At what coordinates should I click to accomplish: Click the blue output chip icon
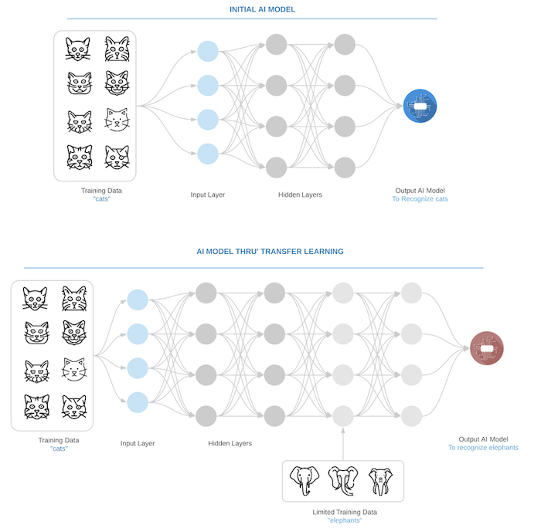420,106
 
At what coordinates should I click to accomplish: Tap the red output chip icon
487,348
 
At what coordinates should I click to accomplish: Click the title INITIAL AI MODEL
262,9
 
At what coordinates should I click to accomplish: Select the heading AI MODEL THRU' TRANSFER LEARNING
270,251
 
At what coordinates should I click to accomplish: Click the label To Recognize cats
420,199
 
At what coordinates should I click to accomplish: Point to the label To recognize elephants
483,448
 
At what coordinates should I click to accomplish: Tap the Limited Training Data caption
345,512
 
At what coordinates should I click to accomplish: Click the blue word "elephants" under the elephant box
345,520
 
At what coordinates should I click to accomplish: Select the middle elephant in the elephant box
343,481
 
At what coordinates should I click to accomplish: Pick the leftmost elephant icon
305,481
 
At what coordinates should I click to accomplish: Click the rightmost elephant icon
380,482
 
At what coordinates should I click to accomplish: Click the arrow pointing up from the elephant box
343,444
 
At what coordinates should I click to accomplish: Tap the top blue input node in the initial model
208,52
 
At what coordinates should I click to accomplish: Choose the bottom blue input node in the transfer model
138,402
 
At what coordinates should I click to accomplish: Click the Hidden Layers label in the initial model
300,195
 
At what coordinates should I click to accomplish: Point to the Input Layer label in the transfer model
138,443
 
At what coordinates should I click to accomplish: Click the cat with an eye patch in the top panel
117,157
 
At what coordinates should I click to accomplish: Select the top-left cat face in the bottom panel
35,299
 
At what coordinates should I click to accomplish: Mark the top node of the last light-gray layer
411,293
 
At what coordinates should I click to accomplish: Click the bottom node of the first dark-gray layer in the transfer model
206,416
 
